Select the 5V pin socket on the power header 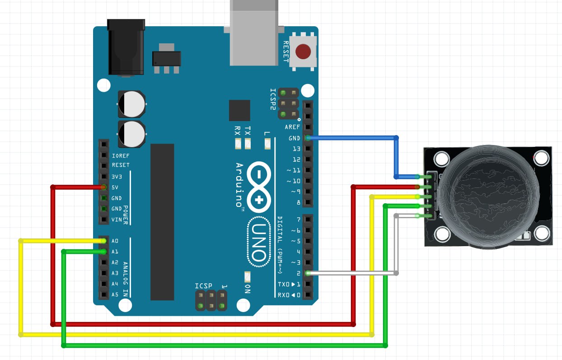click(104, 187)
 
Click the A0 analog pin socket click(104, 241)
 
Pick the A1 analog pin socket click(104, 252)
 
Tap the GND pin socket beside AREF click(308, 138)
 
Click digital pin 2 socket click(308, 273)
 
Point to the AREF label click(292, 127)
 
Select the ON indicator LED click(247, 277)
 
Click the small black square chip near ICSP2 click(239, 111)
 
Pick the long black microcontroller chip click(162, 222)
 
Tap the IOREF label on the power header click(120, 156)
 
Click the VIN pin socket click(104, 220)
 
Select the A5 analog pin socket click(104, 295)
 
